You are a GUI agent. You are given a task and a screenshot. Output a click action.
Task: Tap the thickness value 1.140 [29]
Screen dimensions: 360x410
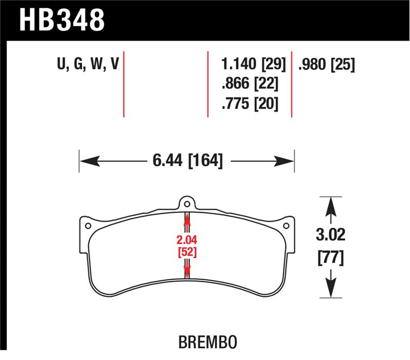point(250,65)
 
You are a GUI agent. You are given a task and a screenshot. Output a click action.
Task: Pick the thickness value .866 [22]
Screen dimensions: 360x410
point(250,84)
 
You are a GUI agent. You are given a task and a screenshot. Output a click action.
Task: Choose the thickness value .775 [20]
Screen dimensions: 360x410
point(250,104)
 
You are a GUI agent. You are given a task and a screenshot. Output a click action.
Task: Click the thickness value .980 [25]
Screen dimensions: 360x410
point(326,65)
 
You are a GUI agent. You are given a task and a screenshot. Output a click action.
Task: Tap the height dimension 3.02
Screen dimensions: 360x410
point(331,236)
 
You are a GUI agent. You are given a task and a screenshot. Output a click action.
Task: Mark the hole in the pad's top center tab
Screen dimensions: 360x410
point(187,202)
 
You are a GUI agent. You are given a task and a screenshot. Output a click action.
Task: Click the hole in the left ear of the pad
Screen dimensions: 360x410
point(88,225)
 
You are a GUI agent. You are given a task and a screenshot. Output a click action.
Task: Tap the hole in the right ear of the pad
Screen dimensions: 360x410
point(287,225)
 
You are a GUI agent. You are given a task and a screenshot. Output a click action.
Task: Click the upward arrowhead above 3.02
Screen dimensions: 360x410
point(331,205)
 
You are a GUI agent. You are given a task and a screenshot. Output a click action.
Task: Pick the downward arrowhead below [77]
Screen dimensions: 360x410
point(331,289)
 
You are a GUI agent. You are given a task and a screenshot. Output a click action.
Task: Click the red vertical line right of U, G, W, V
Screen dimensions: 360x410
point(125,84)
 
